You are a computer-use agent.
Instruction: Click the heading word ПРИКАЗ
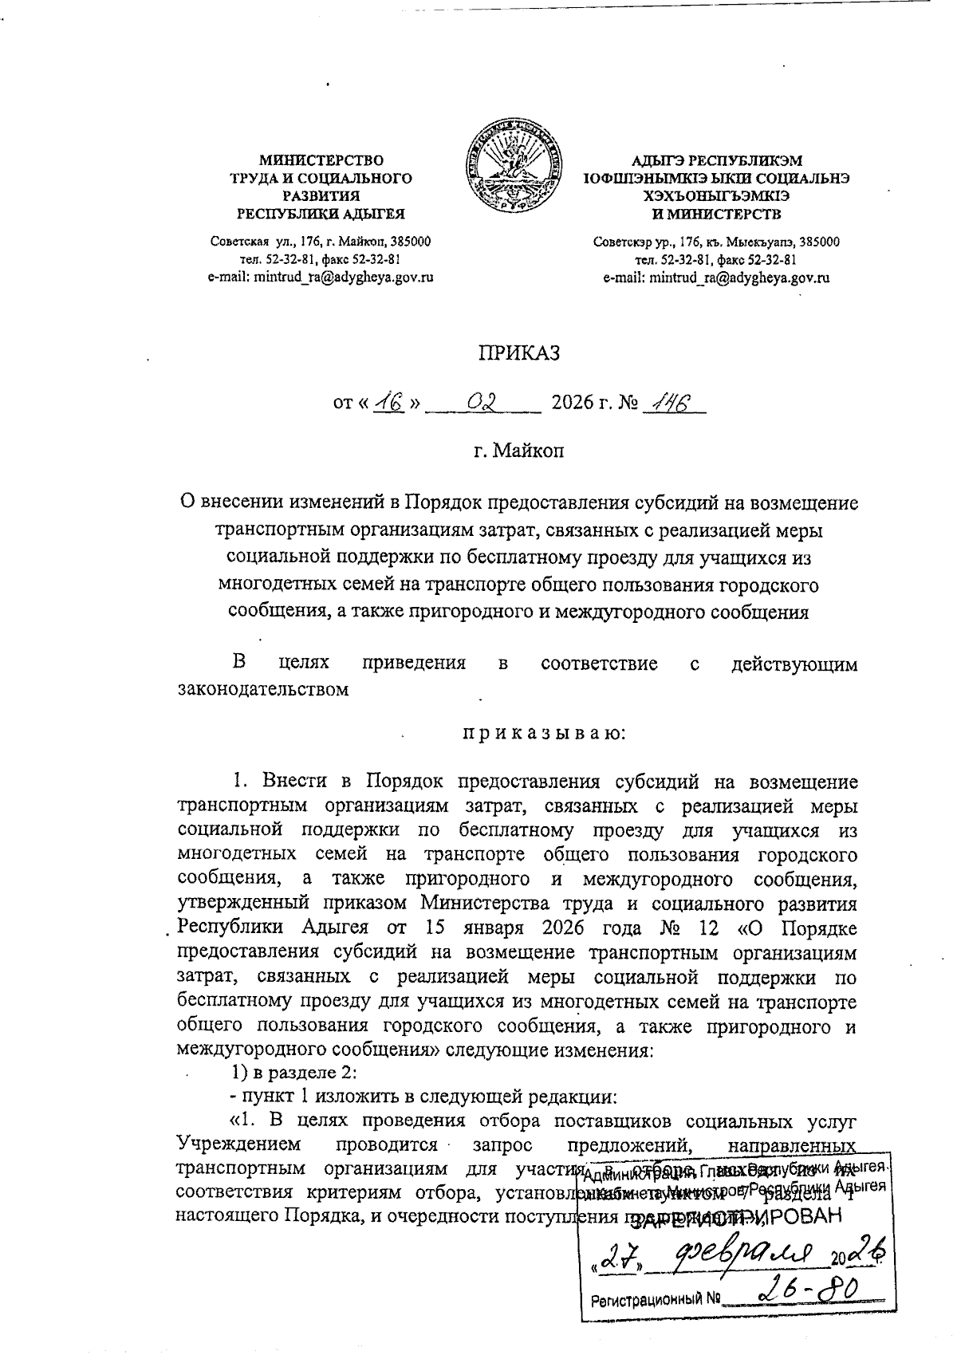(518, 352)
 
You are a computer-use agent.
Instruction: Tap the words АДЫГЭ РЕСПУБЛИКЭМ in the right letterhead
(716, 160)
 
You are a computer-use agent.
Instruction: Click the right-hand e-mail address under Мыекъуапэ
(716, 278)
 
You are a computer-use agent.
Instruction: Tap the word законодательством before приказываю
(262, 688)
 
